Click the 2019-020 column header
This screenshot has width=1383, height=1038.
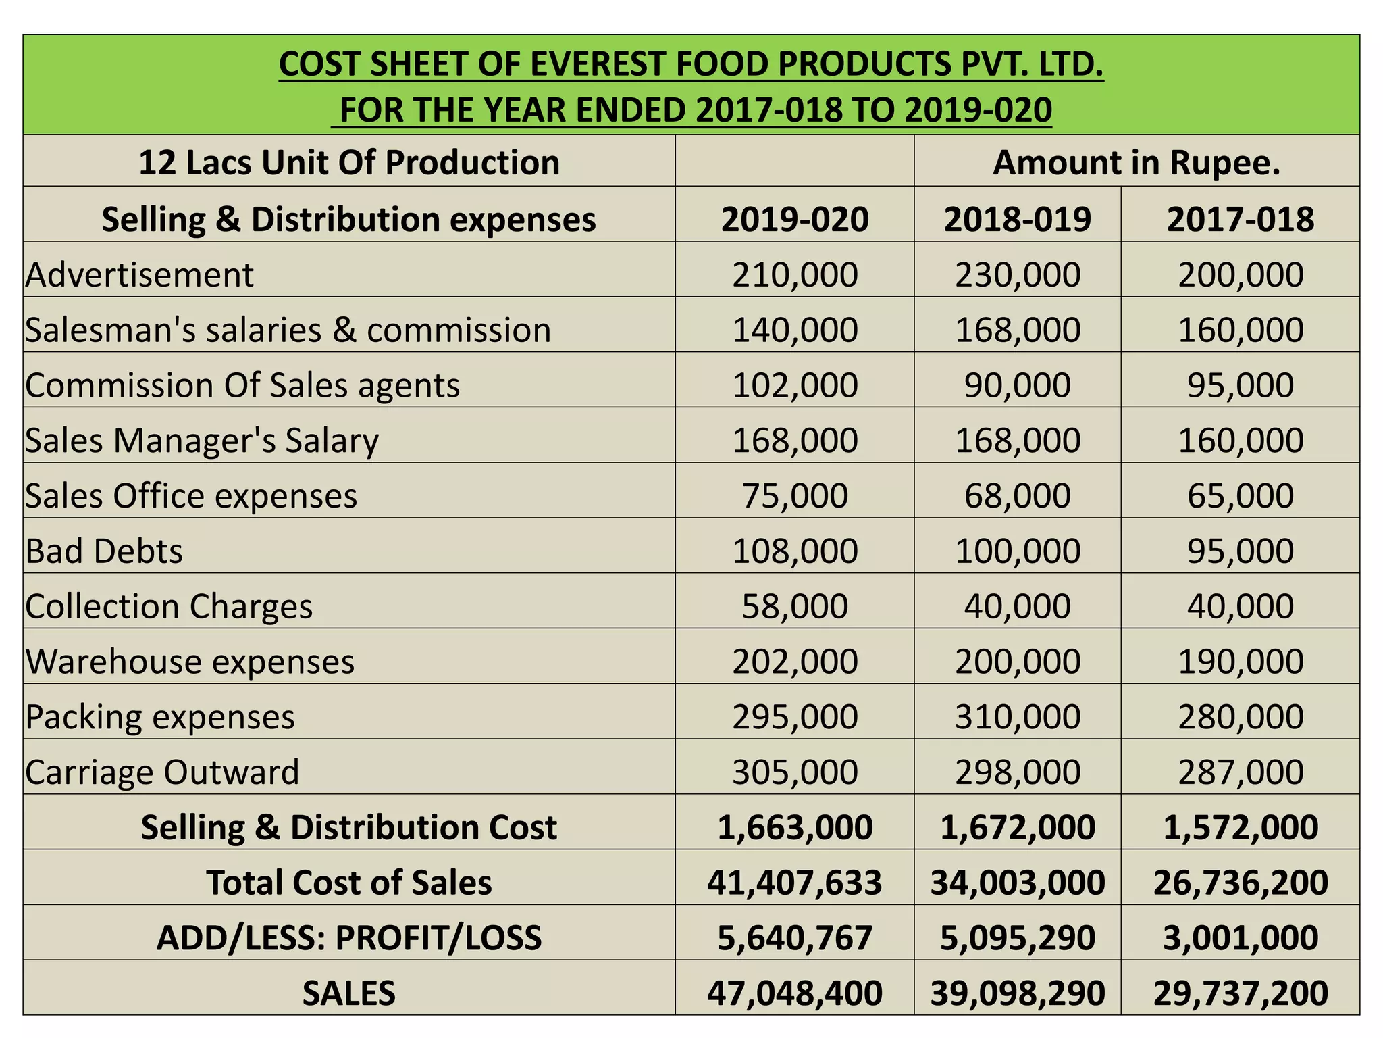[794, 219]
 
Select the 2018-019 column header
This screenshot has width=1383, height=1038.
[1017, 219]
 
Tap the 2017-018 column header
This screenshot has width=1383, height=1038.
[1240, 219]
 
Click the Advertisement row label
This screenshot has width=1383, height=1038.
[139, 275]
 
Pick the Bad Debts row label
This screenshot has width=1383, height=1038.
[104, 551]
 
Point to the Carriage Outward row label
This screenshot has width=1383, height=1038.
[162, 772]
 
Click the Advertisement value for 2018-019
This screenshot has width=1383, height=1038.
[1017, 275]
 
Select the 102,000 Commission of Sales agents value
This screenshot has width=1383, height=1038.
[794, 385]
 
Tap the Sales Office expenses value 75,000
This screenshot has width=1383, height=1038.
[794, 495]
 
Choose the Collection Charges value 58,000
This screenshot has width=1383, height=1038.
[794, 606]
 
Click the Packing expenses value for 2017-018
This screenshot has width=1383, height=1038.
[1240, 716]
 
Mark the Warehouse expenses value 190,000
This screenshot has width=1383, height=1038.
[1240, 661]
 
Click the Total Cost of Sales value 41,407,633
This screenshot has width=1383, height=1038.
[794, 883]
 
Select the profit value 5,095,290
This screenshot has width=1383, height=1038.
[1017, 938]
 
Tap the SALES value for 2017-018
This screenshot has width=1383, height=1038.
[1240, 993]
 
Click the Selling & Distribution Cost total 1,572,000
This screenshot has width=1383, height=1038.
[1240, 827]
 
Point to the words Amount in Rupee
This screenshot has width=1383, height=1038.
[1136, 163]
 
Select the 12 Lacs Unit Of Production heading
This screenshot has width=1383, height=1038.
[348, 163]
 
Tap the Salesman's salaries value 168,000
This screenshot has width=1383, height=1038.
[1017, 330]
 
